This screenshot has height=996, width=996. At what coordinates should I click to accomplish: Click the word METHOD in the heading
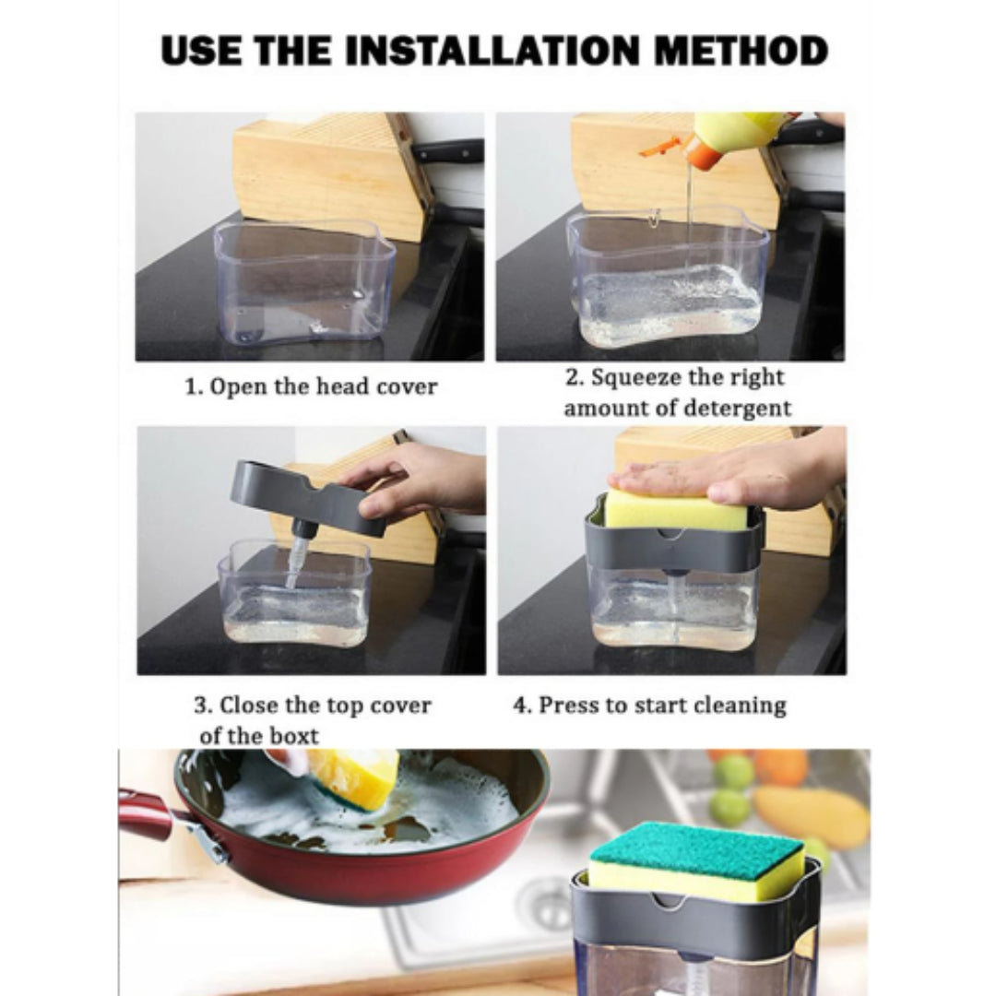click(741, 52)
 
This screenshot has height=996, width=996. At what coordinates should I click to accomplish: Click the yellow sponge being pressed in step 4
click(674, 509)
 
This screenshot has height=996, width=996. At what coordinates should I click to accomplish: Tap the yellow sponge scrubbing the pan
click(352, 779)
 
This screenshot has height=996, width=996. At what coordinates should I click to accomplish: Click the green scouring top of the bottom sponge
click(696, 848)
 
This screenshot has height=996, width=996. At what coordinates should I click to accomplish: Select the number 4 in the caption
click(519, 705)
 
